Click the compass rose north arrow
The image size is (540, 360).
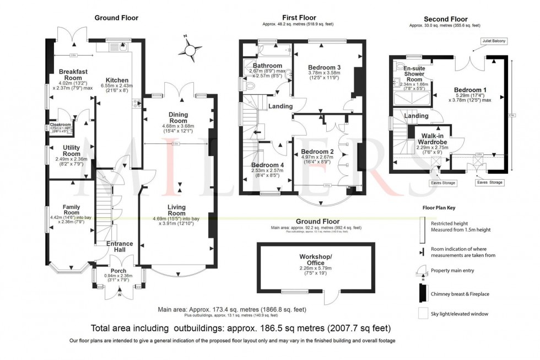pos(190,50)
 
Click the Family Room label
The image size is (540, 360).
pos(72,209)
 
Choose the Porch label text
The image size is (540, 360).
pos(118,271)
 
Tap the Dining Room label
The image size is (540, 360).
pos(178,118)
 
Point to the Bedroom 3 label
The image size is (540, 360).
pos(325,68)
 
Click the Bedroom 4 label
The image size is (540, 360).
pos(268,165)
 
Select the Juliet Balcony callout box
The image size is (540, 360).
pos(494,41)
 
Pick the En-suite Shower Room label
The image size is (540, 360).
pos(413,73)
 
